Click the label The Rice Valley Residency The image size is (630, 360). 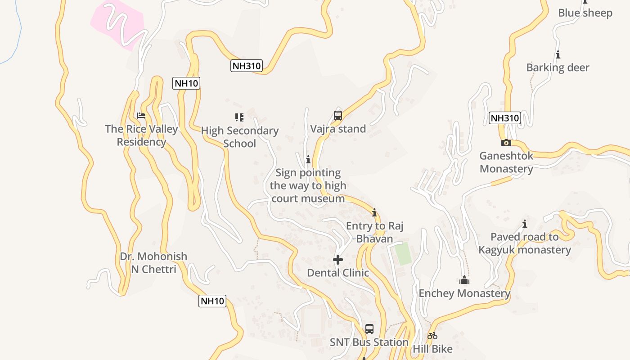(x=142, y=135)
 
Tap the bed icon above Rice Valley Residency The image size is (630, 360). (x=141, y=116)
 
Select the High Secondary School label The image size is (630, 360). (x=239, y=137)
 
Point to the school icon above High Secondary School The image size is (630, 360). (x=239, y=117)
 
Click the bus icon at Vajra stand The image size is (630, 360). (x=338, y=116)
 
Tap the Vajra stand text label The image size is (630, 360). (x=338, y=129)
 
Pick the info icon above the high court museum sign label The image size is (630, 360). (x=308, y=159)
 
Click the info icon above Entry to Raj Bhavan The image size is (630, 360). (x=374, y=212)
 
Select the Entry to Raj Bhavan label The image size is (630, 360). (x=374, y=232)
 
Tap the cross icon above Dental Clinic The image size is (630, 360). (x=338, y=260)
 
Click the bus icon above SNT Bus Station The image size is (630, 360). (x=369, y=329)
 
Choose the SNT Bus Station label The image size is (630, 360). (x=369, y=342)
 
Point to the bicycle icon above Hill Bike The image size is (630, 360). (x=432, y=336)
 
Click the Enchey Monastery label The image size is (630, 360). (x=464, y=294)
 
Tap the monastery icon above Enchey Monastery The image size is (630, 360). (x=464, y=280)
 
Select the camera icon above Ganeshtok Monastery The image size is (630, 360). (x=506, y=143)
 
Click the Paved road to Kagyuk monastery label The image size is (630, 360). (x=525, y=243)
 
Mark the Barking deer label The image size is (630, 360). (x=558, y=68)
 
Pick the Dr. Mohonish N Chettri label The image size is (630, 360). (x=153, y=263)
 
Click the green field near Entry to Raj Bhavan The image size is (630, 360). (x=403, y=254)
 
